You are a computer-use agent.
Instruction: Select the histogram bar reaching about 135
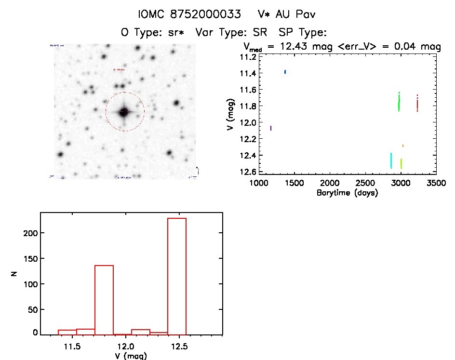(x=104, y=299)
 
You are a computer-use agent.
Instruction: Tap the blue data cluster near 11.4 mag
(x=285, y=72)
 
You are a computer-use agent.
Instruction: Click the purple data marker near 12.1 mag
(x=271, y=128)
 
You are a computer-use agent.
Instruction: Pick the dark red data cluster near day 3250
(x=417, y=103)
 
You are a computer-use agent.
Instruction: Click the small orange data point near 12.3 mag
(x=403, y=146)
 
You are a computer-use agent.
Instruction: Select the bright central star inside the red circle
(x=124, y=112)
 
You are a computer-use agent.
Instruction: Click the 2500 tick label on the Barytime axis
(x=365, y=183)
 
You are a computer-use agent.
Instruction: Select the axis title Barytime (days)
(x=347, y=193)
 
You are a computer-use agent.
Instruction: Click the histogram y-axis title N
(x=14, y=274)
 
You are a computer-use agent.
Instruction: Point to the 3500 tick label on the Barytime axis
(x=436, y=183)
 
